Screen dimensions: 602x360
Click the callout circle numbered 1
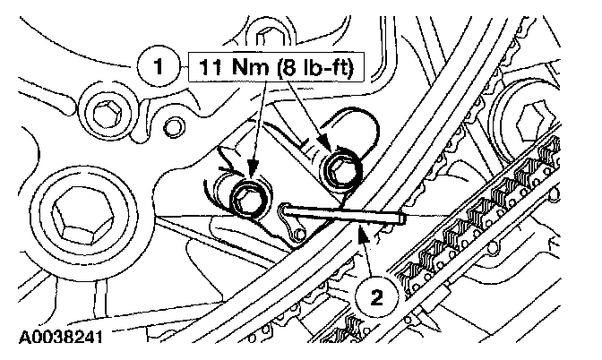point(160,64)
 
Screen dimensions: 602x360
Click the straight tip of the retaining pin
point(402,216)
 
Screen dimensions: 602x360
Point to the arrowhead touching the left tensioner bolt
point(252,180)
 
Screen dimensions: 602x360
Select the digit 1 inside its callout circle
point(160,64)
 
